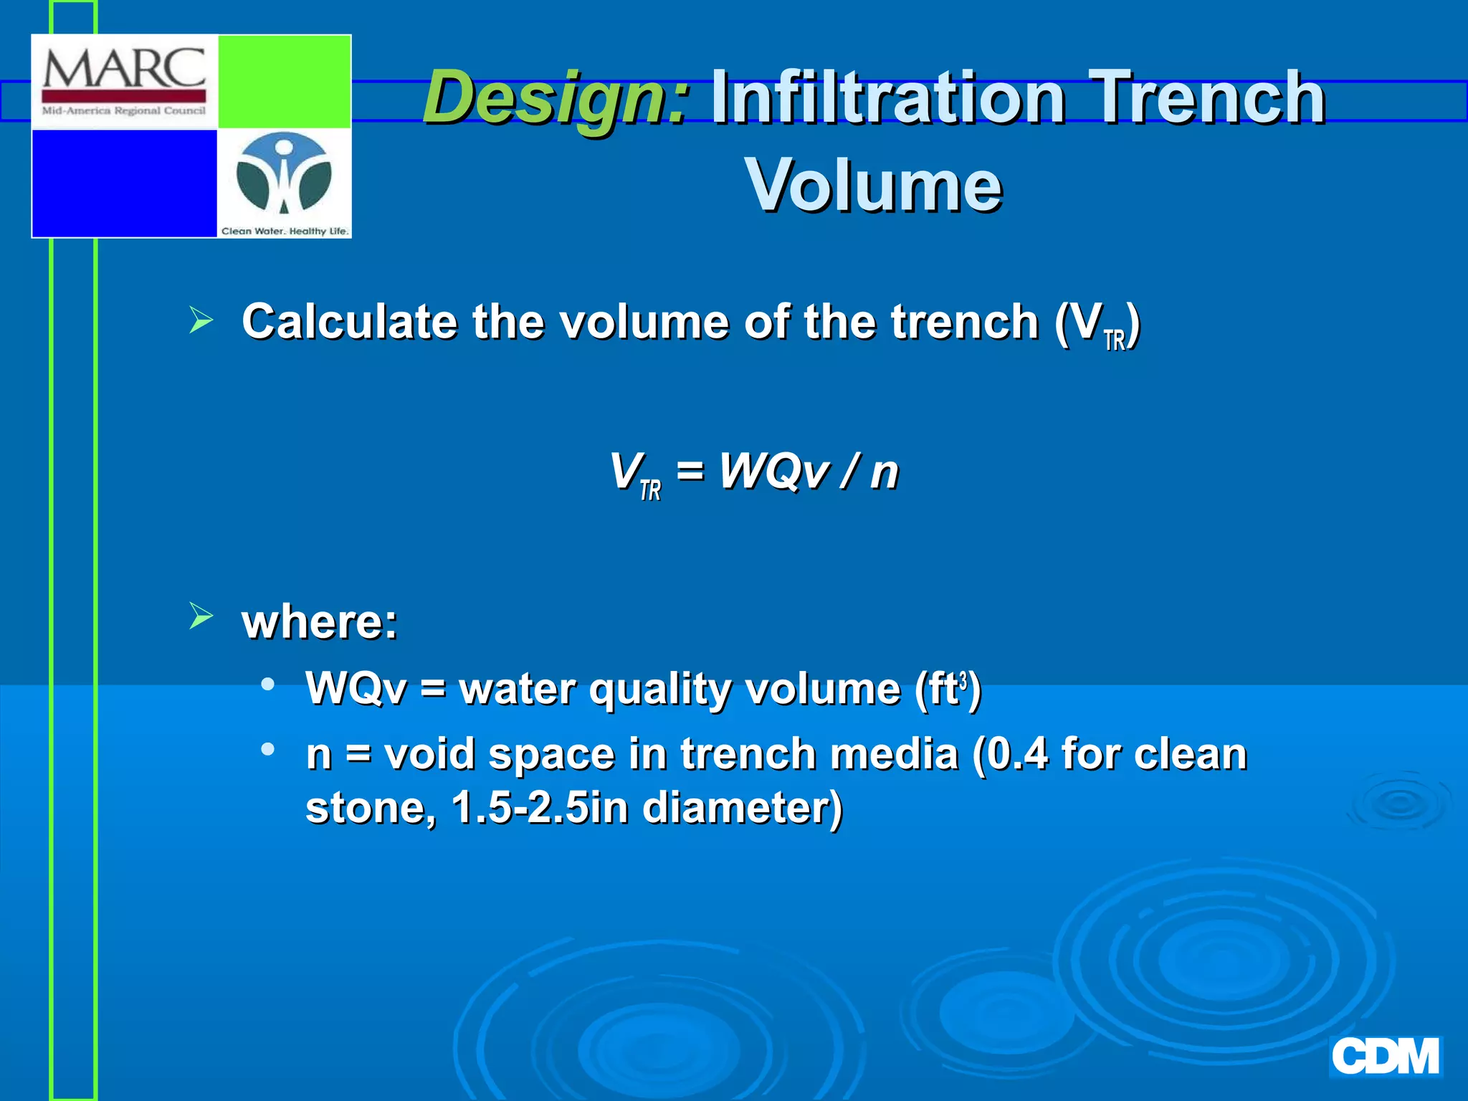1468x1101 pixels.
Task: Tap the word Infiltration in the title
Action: pyautogui.click(x=887, y=97)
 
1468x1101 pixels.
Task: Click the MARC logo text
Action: pyautogui.click(x=124, y=70)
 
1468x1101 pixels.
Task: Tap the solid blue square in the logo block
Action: pyautogui.click(x=124, y=183)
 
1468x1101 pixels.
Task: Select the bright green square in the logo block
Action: pyautogui.click(x=284, y=82)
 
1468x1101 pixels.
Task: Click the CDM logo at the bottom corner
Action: pyautogui.click(x=1385, y=1056)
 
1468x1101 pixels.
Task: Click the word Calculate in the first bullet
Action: pyautogui.click(x=348, y=321)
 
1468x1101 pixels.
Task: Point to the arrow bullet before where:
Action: pyautogui.click(x=201, y=616)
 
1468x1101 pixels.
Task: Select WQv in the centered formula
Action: pyautogui.click(x=774, y=472)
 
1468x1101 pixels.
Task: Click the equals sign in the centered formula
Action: pyautogui.click(x=690, y=472)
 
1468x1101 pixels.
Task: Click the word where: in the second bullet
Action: pyautogui.click(x=320, y=621)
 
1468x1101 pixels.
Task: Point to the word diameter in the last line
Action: pyautogui.click(x=741, y=808)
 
